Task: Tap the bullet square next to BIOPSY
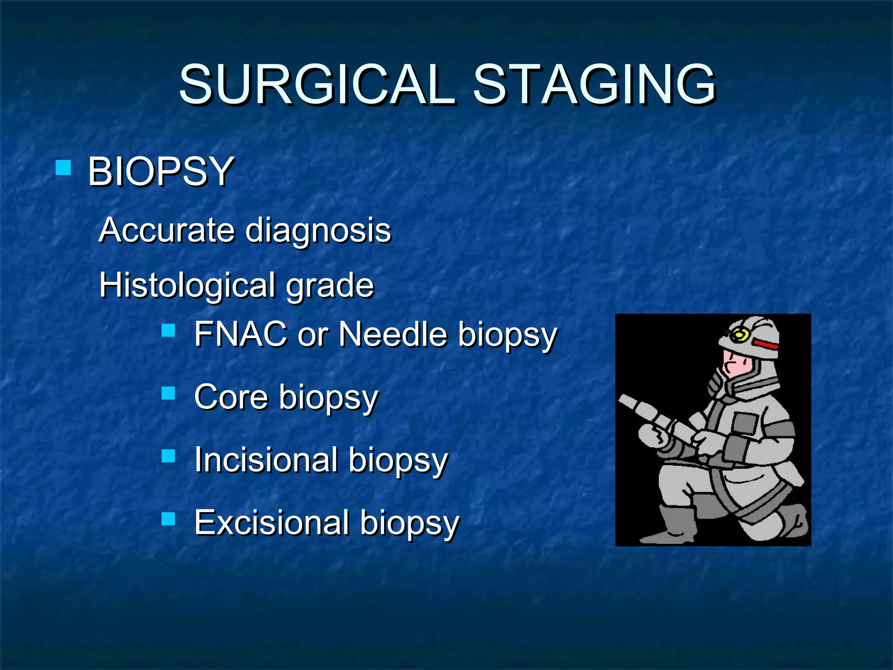click(x=64, y=167)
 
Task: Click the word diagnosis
click(x=318, y=231)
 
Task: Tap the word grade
click(x=330, y=287)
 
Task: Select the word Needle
click(x=393, y=334)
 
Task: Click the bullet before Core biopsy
click(x=168, y=393)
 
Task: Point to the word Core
click(x=231, y=397)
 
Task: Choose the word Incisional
click(x=266, y=460)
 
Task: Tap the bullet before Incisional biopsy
click(x=168, y=456)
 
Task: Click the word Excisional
click(x=272, y=522)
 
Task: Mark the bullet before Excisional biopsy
click(x=168, y=519)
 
